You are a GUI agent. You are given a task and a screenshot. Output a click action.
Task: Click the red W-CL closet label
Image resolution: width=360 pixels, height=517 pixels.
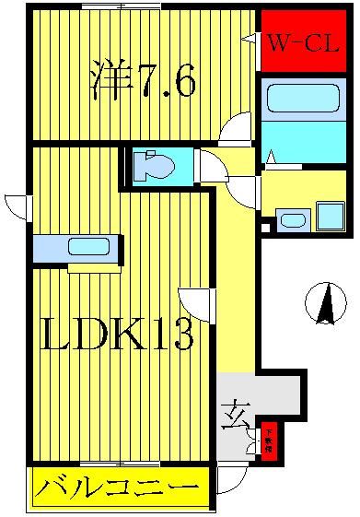(x=303, y=42)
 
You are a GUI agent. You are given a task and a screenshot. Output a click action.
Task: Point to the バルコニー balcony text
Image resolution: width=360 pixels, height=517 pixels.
(x=117, y=487)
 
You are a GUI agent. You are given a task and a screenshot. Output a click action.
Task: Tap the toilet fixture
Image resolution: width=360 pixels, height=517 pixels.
(x=154, y=166)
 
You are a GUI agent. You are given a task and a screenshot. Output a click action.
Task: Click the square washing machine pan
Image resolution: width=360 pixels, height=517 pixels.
(x=330, y=215)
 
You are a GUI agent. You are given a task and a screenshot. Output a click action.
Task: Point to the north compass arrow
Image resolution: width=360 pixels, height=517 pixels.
(x=324, y=304)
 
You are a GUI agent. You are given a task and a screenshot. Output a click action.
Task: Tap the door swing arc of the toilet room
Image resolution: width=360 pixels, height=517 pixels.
(x=213, y=166)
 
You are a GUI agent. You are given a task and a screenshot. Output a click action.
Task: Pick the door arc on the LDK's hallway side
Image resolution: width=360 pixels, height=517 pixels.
(x=198, y=303)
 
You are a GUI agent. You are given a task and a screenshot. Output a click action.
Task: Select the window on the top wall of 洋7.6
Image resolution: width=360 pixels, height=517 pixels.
(x=115, y=6)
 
